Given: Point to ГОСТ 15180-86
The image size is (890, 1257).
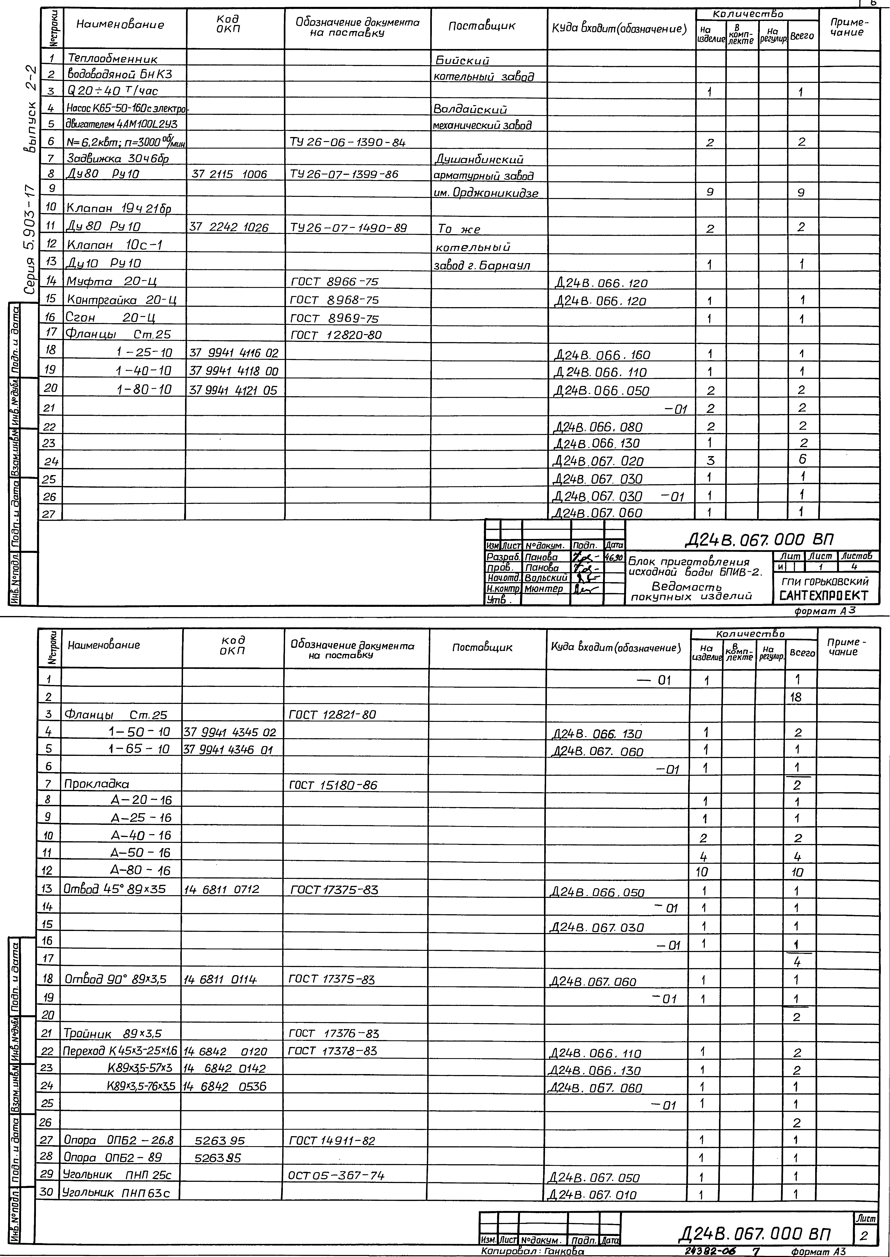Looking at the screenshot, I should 333,785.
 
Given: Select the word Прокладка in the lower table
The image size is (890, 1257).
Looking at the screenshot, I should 96,784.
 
